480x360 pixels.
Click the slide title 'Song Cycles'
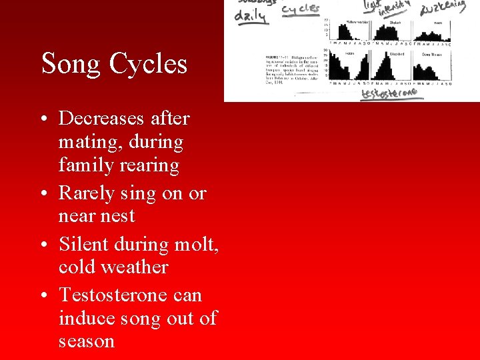tap(114, 64)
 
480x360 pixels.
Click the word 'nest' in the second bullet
tap(119, 216)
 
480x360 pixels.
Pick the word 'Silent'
tap(83, 244)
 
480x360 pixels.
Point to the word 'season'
tap(87, 341)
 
